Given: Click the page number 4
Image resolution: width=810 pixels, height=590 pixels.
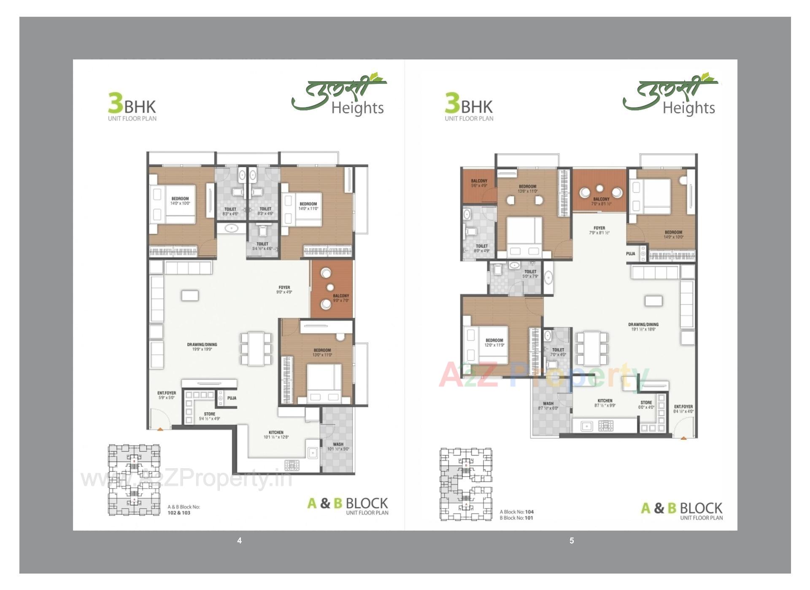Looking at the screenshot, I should (239, 540).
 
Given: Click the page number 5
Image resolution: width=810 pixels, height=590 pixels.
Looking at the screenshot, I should (572, 540).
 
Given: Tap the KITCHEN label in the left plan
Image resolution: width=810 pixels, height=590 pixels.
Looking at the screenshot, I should (276, 432).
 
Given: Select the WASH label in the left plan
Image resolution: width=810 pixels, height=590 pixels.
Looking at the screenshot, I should (338, 444).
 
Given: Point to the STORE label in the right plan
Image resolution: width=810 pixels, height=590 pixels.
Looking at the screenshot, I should (646, 402).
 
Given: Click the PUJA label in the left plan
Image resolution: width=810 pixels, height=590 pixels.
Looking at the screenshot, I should (232, 398).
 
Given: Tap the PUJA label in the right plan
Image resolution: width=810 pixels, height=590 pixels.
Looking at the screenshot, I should (630, 254).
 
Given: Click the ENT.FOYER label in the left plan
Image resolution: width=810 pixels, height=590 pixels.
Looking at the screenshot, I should (167, 393).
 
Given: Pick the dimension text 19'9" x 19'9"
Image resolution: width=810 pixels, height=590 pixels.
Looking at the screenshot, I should (202, 349).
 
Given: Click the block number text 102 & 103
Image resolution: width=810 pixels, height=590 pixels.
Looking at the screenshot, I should (179, 513).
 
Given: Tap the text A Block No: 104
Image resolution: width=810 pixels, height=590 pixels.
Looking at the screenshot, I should (516, 512).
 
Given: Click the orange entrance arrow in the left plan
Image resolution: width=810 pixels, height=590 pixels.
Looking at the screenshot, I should (161, 429).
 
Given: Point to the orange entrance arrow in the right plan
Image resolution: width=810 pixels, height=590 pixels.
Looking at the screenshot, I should (683, 438).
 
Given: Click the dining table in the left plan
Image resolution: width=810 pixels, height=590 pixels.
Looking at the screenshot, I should (256, 349).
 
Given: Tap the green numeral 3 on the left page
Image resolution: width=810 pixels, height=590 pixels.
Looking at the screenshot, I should (115, 103).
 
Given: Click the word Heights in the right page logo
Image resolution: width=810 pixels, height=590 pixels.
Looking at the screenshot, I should (688, 108).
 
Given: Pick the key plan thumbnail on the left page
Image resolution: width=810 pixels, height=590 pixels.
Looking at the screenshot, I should (134, 480).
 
